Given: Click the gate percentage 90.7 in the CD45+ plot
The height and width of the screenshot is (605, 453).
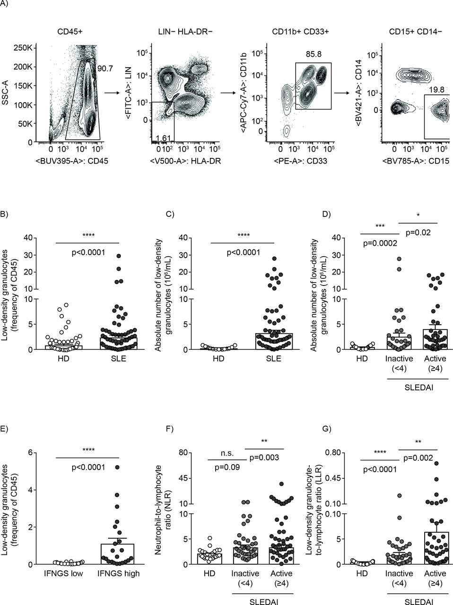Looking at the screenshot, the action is coord(105,69).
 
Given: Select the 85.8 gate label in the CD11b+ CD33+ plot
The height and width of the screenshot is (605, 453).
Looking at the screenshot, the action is coord(314,54).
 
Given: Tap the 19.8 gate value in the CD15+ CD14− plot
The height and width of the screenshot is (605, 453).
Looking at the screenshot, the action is coord(436,90).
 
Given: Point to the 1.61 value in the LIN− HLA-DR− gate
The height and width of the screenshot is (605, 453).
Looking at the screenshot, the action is coord(164,138).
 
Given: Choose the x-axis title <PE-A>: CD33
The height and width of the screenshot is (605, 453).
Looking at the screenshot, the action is coord(300,160).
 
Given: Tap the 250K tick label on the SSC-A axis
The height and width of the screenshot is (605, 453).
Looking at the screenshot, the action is coord(23,48).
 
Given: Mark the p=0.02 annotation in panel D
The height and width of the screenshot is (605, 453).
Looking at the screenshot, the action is coord(418,233).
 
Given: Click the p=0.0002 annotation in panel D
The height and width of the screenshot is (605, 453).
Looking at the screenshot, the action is coord(380,243).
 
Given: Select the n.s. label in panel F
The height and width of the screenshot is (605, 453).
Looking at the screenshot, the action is coord(227,453).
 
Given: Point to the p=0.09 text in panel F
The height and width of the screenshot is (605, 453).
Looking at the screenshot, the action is coord(227,467).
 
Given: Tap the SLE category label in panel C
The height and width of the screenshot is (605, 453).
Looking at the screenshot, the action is coord(274,358).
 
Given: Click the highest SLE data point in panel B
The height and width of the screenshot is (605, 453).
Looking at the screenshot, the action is coord(119,256).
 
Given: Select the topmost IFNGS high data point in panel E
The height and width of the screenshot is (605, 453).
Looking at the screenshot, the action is coord(117,467).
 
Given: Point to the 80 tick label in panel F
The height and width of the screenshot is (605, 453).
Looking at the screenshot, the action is coord(183,452).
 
